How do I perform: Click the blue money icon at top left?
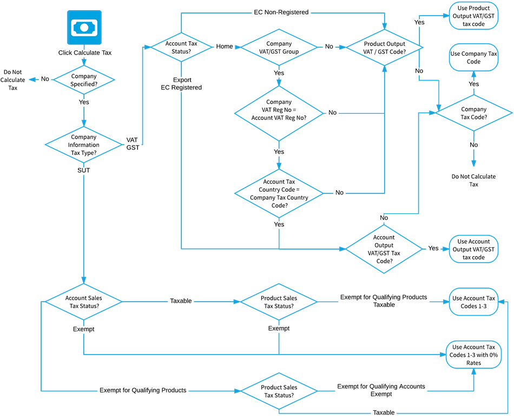[x=84, y=27]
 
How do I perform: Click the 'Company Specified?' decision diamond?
[x=84, y=80]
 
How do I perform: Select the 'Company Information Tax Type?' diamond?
[x=84, y=145]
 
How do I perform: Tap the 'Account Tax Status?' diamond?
[x=181, y=47]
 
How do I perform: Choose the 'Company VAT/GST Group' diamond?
[x=279, y=47]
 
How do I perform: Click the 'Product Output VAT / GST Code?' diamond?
[x=384, y=47]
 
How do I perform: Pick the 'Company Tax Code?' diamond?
[x=474, y=113]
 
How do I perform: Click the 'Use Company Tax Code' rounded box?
[x=473, y=58]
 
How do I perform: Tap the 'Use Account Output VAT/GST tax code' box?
[x=473, y=249]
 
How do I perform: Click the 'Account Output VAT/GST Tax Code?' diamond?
[x=384, y=249]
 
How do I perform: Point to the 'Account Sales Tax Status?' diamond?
[x=83, y=302]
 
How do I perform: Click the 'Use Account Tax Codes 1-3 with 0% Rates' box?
[x=473, y=355]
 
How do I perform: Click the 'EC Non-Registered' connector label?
[x=281, y=12]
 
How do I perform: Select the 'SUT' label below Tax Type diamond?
[x=84, y=169]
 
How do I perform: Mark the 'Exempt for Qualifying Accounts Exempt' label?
[x=381, y=390]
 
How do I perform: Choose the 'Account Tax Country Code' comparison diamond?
[x=279, y=193]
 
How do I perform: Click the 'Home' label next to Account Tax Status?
[x=225, y=47]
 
